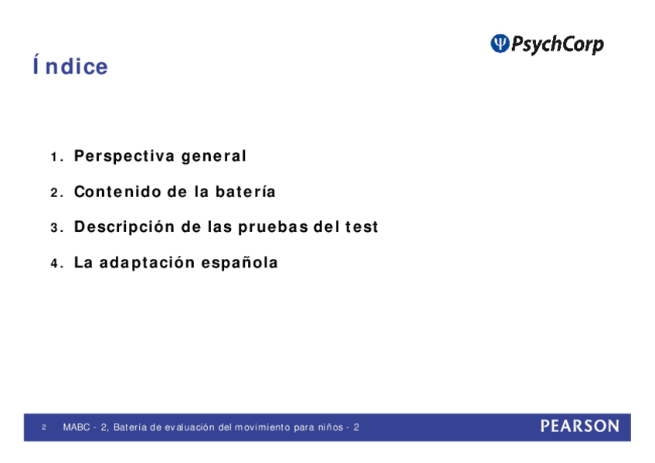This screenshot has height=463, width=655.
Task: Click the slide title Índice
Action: [x=70, y=66]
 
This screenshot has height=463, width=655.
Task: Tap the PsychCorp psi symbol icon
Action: [x=500, y=43]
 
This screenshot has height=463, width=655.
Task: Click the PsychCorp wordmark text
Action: [x=557, y=44]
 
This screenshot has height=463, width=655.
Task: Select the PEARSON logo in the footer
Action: [x=580, y=426]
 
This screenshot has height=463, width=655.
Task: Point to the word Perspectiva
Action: [x=124, y=156]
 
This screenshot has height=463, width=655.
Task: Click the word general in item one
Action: [x=213, y=157]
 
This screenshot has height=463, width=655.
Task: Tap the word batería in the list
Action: [x=245, y=192]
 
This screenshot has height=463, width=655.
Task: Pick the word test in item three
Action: [x=361, y=227]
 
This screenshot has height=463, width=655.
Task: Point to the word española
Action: [x=239, y=263]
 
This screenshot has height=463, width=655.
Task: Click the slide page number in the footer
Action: [x=44, y=427]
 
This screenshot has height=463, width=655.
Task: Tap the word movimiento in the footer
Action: [x=262, y=427]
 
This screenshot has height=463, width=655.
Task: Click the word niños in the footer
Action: [x=331, y=427]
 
